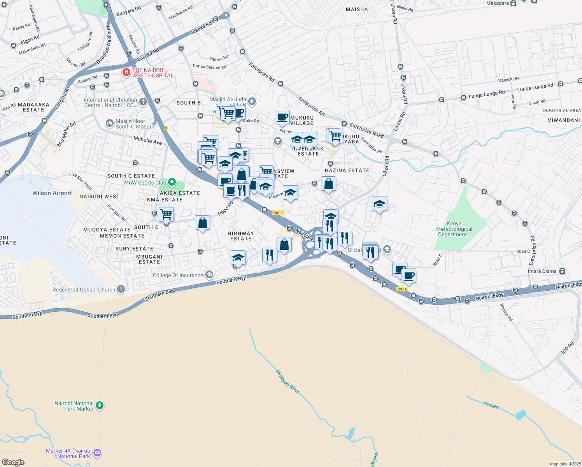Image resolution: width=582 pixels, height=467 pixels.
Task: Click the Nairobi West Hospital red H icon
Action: (126, 72)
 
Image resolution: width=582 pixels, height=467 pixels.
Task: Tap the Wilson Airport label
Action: (52, 193)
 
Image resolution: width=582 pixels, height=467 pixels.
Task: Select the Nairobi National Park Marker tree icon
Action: (100, 406)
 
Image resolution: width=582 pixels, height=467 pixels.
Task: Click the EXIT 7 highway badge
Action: (278, 213)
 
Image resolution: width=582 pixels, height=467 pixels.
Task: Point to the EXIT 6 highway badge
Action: (401, 289)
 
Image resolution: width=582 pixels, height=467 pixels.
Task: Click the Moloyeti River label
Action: (288, 381)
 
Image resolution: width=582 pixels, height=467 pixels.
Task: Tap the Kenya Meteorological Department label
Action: (454, 229)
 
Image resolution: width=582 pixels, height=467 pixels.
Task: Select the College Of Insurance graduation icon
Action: (209, 275)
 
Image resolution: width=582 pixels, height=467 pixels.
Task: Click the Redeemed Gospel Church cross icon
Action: (121, 289)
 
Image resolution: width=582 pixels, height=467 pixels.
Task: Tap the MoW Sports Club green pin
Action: (172, 183)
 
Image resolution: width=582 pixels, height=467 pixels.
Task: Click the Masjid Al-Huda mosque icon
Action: (252, 102)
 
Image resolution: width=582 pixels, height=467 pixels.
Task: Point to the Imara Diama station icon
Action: (562, 271)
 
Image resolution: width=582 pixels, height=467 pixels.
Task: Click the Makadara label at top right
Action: (497, 4)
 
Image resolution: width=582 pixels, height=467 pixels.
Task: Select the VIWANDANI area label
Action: (563, 120)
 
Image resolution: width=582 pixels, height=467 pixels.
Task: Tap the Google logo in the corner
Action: (13, 462)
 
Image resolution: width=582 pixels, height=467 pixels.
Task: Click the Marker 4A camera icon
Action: (97, 453)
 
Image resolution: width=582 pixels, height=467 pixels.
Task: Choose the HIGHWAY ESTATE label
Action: (241, 236)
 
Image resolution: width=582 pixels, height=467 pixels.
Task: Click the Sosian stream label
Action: (491, 406)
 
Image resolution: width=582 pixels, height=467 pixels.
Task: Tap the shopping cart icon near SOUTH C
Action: (166, 214)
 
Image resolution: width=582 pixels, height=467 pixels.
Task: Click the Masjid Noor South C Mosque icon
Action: (109, 123)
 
